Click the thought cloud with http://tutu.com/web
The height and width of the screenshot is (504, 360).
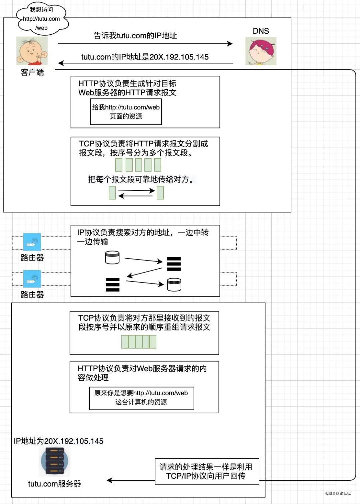coord(42,19)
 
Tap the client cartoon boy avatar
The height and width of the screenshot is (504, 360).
coord(32,51)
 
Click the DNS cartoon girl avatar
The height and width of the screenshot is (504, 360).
coord(261,51)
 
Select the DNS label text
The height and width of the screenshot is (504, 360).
coord(261,31)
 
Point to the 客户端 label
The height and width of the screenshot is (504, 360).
coord(32,72)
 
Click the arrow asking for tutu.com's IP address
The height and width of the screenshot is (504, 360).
coord(145,44)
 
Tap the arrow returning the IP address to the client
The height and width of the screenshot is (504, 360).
coord(145,63)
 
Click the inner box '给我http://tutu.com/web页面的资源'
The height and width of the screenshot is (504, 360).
coord(126,112)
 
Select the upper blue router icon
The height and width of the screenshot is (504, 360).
coord(32,242)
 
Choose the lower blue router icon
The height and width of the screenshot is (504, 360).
coord(32,279)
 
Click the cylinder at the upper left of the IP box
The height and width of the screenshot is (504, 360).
coord(112,258)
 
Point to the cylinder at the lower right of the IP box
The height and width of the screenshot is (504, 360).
coord(174,285)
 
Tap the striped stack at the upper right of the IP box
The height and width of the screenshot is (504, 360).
coord(174,264)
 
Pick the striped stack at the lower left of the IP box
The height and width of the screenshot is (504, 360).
coord(112,285)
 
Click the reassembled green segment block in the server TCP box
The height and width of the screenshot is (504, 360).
coord(139,342)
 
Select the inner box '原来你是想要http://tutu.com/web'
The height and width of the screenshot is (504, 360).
coord(141,398)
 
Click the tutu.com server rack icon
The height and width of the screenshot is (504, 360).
coord(55,461)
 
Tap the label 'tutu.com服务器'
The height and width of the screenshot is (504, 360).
coord(55,484)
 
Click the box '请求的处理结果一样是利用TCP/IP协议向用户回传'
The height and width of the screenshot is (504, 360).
coord(207,471)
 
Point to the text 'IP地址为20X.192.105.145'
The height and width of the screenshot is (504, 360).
coord(59,441)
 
